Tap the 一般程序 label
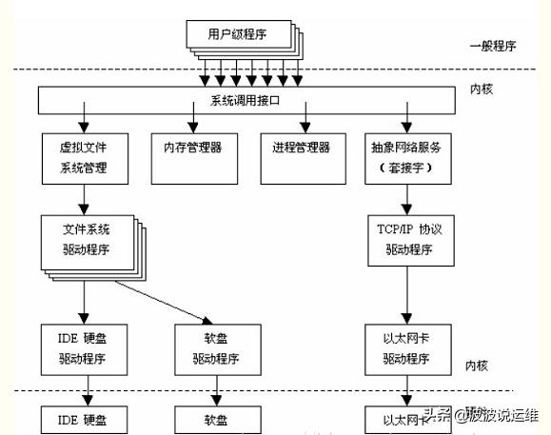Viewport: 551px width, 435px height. tap(492, 46)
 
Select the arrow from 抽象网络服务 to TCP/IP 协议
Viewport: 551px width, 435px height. tap(408, 197)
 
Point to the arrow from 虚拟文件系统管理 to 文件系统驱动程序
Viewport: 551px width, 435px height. tap(84, 198)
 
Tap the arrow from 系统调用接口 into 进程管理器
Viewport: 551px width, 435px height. tap(305, 121)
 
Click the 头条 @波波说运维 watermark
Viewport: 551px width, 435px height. tap(481, 415)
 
